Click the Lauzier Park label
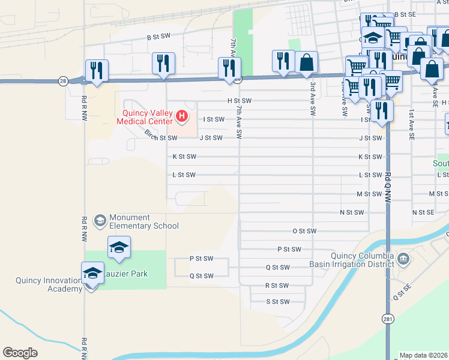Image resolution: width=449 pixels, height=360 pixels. coord(127,274)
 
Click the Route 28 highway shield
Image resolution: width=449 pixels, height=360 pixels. coord(63,81)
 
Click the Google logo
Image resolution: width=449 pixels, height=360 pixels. coord(20,352)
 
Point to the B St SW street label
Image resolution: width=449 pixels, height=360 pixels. coord(159,37)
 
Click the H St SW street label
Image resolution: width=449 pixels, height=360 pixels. coord(239,101)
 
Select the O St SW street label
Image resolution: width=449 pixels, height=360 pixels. coord(304,231)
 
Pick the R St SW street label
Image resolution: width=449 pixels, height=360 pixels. coord(277,286)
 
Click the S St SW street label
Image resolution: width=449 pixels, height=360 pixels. coord(277,302)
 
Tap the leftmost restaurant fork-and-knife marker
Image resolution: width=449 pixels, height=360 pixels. coord(96,70)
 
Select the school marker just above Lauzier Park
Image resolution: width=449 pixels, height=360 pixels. coord(119,247)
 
